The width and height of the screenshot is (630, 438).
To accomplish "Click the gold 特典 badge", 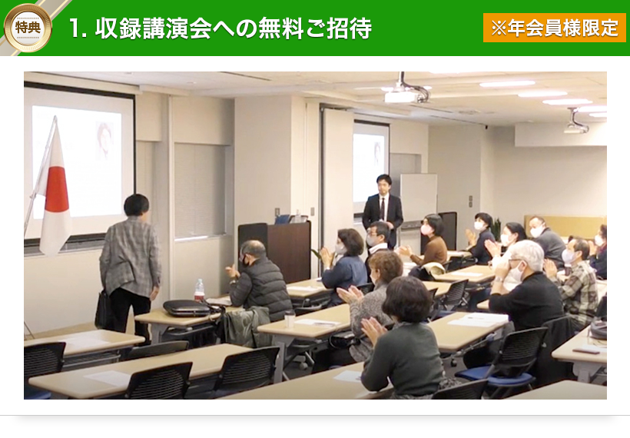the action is point(28,28).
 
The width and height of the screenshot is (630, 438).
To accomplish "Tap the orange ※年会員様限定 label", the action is point(555,28).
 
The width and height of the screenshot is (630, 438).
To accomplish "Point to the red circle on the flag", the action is point(57,188).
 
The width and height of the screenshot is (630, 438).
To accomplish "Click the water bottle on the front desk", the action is point(199,290).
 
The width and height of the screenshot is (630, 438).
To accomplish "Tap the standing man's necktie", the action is point(383,208).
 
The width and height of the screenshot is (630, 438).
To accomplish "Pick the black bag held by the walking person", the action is point(104,310).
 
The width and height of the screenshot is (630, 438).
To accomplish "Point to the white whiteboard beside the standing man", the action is point(419,197).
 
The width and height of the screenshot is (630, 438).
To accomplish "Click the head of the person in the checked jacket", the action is point(137,205).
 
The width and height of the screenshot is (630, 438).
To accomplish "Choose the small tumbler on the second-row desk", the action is point(290,320).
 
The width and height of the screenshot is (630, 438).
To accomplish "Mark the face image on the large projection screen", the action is point(104,141).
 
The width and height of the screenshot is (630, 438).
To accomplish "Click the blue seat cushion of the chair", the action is point(495,375).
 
